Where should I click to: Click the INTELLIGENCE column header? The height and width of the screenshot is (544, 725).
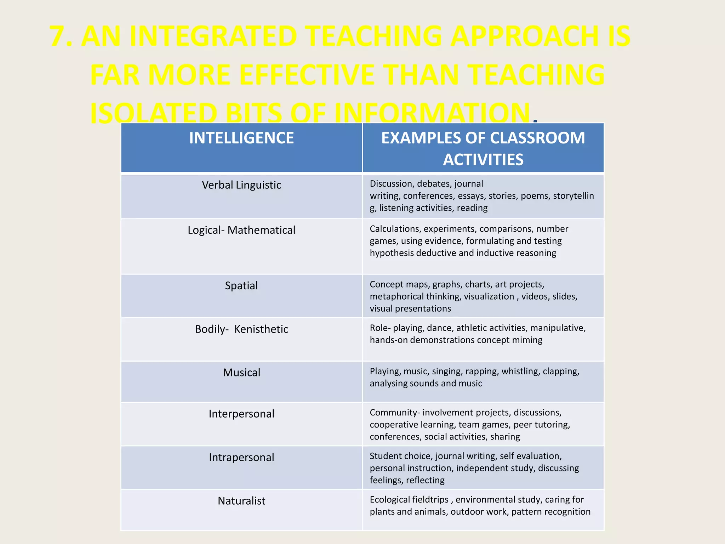click(241, 138)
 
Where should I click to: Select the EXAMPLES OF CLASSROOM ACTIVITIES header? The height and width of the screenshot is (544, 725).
click(483, 148)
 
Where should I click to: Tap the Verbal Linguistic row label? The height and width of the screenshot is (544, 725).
click(241, 185)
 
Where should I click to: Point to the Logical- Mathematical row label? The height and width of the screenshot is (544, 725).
click(241, 230)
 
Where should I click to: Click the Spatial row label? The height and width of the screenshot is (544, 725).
click(241, 285)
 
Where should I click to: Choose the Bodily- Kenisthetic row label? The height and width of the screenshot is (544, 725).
click(241, 329)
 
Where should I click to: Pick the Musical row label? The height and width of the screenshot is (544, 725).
click(241, 373)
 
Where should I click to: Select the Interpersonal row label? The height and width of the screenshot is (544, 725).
click(241, 414)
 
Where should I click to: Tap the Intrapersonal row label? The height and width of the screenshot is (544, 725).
click(241, 457)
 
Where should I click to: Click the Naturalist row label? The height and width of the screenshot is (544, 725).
click(241, 501)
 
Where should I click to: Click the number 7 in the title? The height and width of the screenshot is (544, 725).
click(58, 36)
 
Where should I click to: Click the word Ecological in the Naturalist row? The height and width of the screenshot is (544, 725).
click(392, 499)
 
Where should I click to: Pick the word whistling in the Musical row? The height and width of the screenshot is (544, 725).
click(520, 371)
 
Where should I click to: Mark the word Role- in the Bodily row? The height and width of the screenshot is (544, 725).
click(380, 328)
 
